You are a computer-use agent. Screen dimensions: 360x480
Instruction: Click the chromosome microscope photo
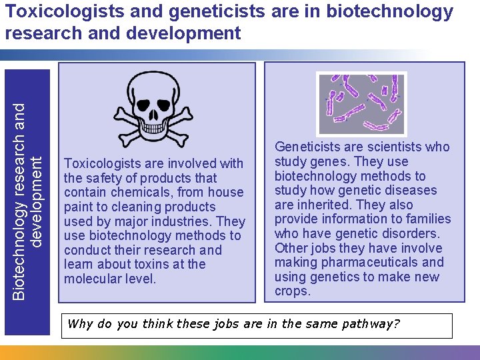point(361,103)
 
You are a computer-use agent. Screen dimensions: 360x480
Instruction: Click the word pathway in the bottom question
point(370,325)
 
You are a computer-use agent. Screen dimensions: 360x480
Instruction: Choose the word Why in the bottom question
point(80,325)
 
